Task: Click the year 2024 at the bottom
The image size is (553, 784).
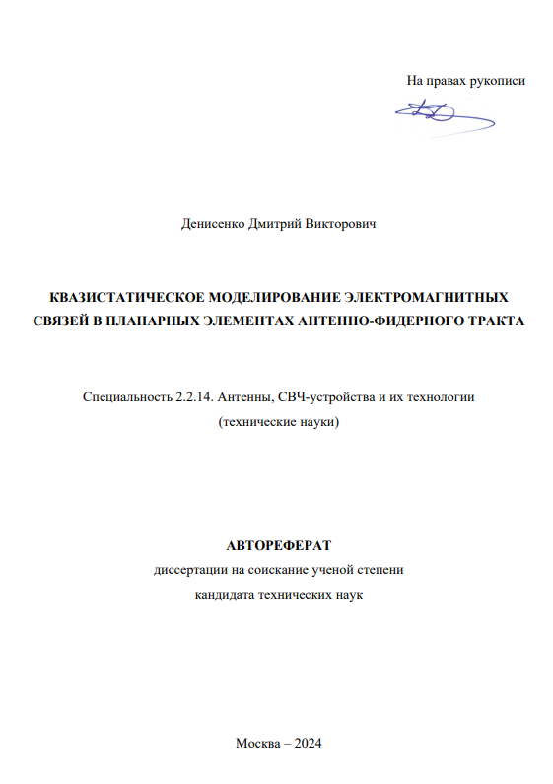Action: pos(308,743)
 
